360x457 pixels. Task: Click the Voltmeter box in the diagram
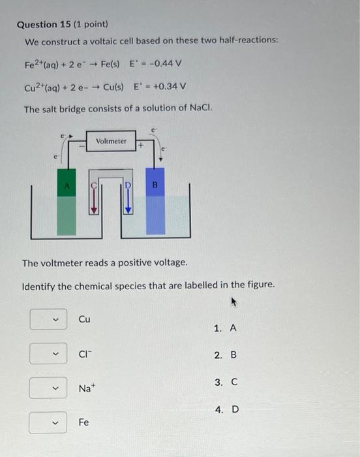point(111,141)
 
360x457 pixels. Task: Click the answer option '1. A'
point(225,328)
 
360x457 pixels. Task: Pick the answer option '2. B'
point(225,355)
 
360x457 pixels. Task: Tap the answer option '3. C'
point(225,383)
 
